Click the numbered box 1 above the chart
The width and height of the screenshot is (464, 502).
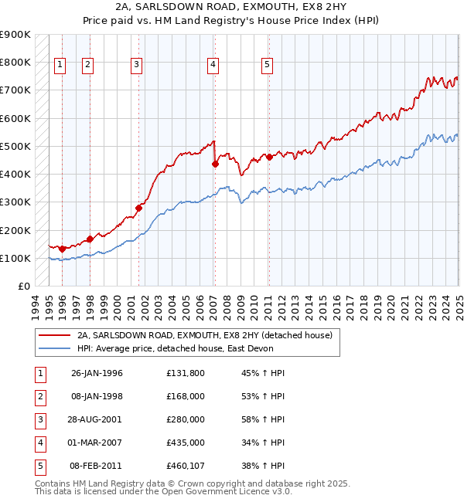coord(60,66)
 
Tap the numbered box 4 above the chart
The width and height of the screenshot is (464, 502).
coord(212,66)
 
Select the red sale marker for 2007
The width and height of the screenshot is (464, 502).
coord(216,164)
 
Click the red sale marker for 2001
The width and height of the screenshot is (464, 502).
coord(139,207)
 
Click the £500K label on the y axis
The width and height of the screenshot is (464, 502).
coord(15,146)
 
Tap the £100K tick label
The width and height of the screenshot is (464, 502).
coord(15,258)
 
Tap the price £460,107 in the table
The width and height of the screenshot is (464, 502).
coord(185,466)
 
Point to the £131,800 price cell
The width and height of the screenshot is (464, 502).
coord(185,373)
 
